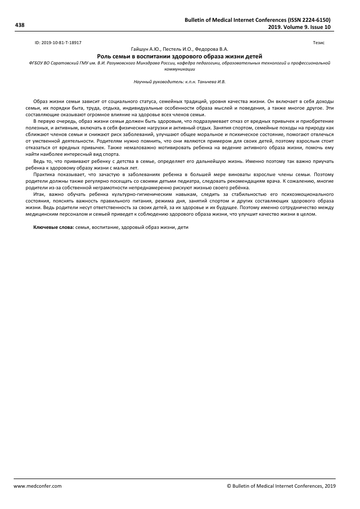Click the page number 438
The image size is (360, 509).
coord(20,24)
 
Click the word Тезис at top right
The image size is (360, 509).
coord(319,44)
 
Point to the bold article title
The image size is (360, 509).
coord(179,56)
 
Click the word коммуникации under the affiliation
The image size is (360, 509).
coord(179,69)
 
